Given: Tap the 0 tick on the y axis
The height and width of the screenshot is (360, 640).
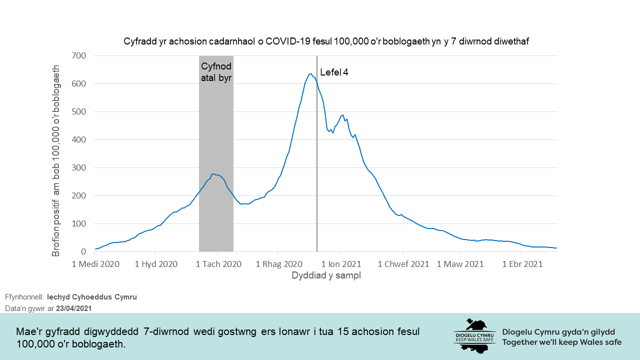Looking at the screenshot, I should [x=84, y=252].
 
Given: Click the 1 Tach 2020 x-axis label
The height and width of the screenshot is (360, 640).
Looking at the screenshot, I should [x=218, y=264].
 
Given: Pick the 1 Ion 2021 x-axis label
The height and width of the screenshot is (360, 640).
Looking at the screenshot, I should [x=341, y=264].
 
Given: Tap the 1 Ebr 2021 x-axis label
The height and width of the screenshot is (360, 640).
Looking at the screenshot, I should [x=522, y=264].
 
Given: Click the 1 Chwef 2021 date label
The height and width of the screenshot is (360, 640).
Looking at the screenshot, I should [x=403, y=264].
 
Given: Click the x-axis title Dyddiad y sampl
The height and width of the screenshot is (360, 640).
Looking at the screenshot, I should [x=326, y=275].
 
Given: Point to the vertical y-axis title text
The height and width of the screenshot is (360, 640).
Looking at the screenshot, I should [x=56, y=160].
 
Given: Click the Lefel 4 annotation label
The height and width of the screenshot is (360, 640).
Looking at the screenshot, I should [x=334, y=72].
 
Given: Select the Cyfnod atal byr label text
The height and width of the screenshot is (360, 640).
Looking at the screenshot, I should [x=216, y=72].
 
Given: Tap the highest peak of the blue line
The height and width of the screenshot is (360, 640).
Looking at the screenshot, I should [x=310, y=74].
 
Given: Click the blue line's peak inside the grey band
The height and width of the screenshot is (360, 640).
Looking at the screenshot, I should [x=213, y=174].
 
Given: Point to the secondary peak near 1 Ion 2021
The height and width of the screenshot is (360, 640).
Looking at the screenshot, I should [x=342, y=115].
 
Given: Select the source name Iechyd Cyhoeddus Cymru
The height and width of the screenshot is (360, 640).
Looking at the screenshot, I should [x=92, y=297].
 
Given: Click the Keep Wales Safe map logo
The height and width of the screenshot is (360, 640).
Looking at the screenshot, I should [x=474, y=335].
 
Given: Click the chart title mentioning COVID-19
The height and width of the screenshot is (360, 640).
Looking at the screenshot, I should [x=326, y=42].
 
